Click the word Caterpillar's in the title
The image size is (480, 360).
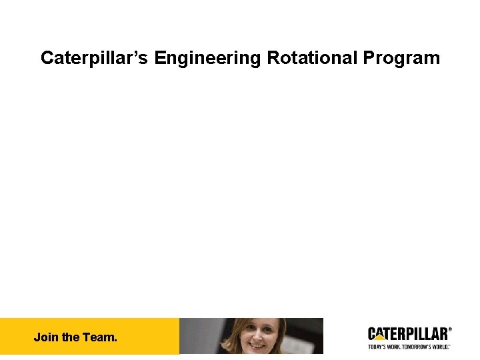95,58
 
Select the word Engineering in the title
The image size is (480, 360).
208,58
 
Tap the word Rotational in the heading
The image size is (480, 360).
312,58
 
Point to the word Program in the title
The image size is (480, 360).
401,58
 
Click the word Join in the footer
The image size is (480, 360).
46,337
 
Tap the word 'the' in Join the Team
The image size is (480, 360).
70,337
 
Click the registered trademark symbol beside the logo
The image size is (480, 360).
450,329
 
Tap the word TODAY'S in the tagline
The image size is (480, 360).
378,347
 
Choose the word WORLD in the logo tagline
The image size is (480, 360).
439,347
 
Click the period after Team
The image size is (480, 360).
115,340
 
